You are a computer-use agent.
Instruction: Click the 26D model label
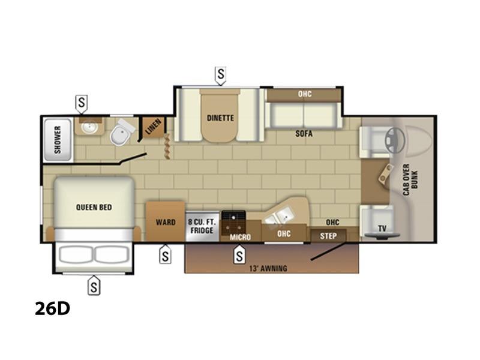coord(52,308)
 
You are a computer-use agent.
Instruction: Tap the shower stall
coord(58,140)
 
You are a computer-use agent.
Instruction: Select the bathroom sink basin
coord(89,128)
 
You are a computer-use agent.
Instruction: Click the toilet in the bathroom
coord(121,133)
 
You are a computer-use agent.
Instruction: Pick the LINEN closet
coord(153,127)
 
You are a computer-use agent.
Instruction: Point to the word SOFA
coord(304,133)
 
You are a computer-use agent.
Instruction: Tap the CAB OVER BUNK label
coord(410,179)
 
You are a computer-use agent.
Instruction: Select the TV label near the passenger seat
coord(382,228)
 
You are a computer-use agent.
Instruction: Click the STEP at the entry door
coord(328,236)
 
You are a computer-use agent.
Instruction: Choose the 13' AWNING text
coord(268,268)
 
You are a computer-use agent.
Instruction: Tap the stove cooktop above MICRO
coord(233,222)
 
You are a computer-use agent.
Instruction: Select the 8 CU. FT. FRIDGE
coord(202,226)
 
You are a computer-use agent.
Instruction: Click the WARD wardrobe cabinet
coord(166,221)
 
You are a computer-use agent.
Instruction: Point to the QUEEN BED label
coord(94,207)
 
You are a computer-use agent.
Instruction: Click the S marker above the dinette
coord(220,75)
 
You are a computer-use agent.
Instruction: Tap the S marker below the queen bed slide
coord(94,286)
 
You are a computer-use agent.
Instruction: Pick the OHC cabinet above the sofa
coord(304,95)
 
